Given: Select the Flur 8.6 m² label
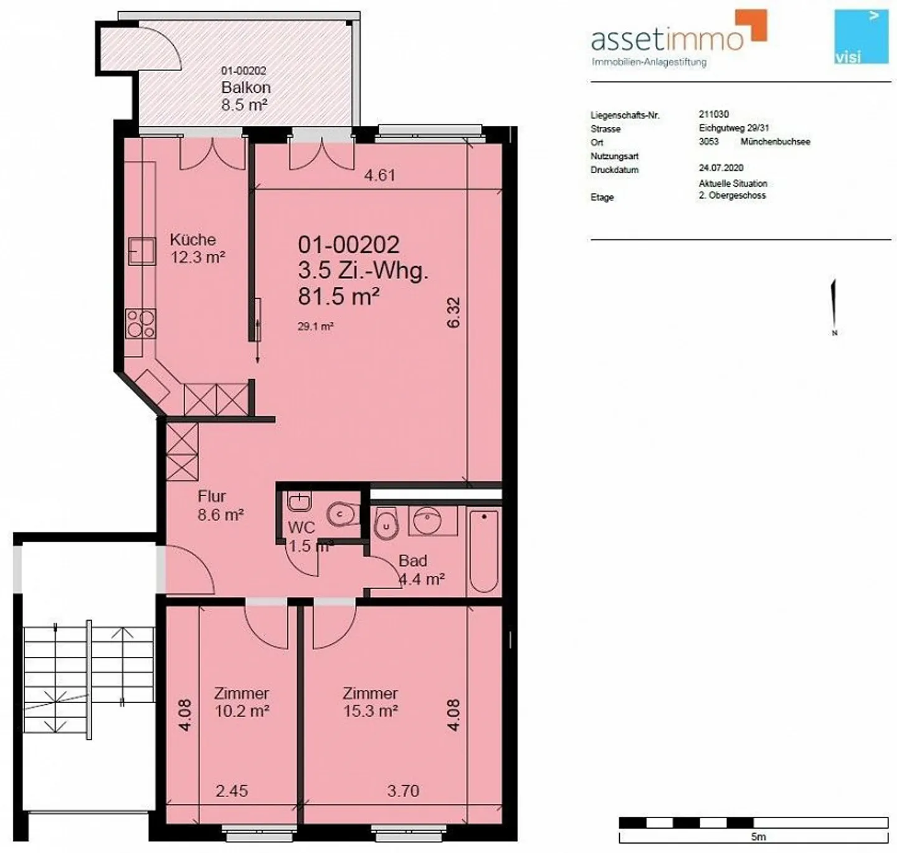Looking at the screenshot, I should (x=220, y=506).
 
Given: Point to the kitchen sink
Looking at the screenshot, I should (x=141, y=251).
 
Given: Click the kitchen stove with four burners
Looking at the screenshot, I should (x=141, y=324).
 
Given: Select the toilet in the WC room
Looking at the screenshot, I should (x=342, y=514).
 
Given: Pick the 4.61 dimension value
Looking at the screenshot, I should (x=379, y=176).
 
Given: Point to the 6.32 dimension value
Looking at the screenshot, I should (x=453, y=313).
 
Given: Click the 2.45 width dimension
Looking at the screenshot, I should (x=232, y=791).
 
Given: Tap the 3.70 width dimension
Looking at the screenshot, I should (x=403, y=791).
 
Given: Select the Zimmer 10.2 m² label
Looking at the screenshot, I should (x=242, y=702).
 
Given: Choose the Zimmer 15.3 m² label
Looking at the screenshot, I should (x=371, y=702).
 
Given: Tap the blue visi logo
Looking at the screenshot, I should (x=861, y=37).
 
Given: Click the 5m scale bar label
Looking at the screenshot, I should (x=758, y=836).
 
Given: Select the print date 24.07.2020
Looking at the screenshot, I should (x=721, y=167).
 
